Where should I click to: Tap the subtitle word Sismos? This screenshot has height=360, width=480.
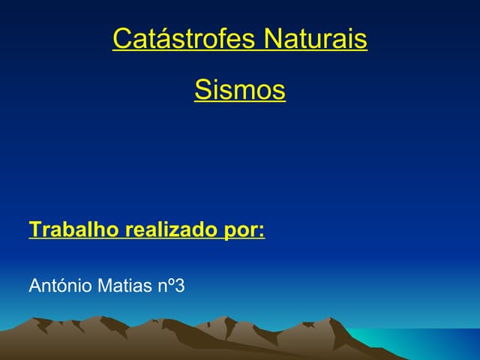[x=240, y=91]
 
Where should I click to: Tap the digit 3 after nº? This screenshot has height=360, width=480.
[x=179, y=286]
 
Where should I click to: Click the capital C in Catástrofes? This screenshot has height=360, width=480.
[x=121, y=39]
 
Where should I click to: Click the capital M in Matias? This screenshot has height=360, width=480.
[x=105, y=286]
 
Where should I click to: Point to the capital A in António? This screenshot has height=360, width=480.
[x=34, y=286]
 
